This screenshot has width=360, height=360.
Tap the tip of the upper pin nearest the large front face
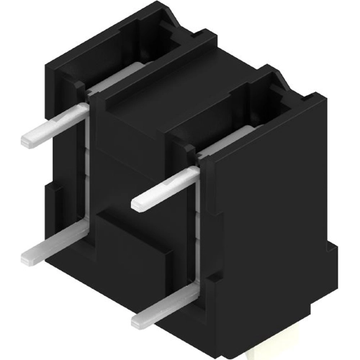click(x=139, y=204)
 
